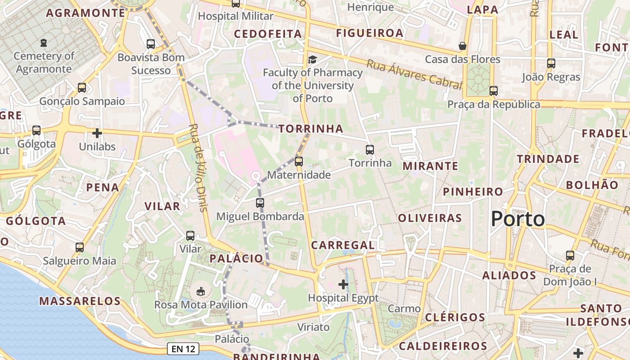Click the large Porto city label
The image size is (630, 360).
pyautogui.click(x=517, y=219)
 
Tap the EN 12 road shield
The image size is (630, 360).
pyautogui.click(x=184, y=348)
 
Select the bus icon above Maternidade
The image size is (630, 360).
pyautogui.click(x=298, y=161)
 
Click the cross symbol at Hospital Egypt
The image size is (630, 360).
pyautogui.click(x=343, y=284)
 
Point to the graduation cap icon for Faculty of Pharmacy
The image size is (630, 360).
pyautogui.click(x=312, y=59)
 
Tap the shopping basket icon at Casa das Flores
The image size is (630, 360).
pyautogui.click(x=462, y=46)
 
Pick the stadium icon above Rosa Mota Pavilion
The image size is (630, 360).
pyautogui.click(x=201, y=292)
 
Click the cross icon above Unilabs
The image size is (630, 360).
pyautogui.click(x=97, y=133)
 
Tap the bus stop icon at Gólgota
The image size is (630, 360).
pyautogui.click(x=36, y=130)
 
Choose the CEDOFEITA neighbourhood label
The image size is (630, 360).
pyautogui.click(x=268, y=34)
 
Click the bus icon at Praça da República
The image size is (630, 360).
pyautogui.click(x=494, y=91)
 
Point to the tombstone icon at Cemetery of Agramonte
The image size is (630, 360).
pyautogui.click(x=43, y=43)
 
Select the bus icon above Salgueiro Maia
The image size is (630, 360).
pyautogui.click(x=80, y=247)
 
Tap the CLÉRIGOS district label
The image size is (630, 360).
pyautogui.click(x=455, y=317)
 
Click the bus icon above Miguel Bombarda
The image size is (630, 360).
pyautogui.click(x=260, y=202)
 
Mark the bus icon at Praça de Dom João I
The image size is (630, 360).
pyautogui.click(x=570, y=255)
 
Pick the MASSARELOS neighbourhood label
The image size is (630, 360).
pyautogui.click(x=80, y=301)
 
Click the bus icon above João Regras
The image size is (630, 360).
pyautogui.click(x=551, y=63)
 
